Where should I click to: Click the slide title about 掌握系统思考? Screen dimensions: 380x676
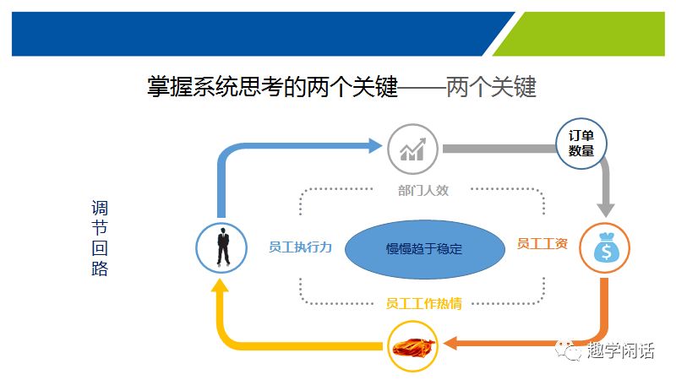[x=341, y=88]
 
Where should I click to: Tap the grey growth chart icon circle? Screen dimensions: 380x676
[x=412, y=149]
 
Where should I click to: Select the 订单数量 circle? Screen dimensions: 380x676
[x=581, y=143]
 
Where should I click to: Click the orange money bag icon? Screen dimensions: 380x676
[x=604, y=247]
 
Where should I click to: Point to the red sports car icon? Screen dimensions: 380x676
[x=412, y=345]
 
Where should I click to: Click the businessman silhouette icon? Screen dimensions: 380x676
[x=221, y=247]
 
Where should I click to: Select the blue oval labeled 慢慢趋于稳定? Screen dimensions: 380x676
[x=424, y=249]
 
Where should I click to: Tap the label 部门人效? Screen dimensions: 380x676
[x=422, y=191]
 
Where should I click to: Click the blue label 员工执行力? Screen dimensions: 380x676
[x=300, y=247]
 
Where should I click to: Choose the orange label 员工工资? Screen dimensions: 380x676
[x=542, y=244]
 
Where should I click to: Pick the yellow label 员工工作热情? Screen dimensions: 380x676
[x=422, y=302]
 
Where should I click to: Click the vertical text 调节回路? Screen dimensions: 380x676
[x=100, y=239]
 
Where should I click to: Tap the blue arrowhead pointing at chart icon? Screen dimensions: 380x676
[x=373, y=146]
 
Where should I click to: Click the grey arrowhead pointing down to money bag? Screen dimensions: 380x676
[x=606, y=207]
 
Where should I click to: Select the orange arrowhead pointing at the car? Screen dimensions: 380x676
[x=450, y=344]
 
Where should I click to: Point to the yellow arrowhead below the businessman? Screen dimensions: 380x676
[x=220, y=285]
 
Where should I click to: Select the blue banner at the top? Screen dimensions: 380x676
[x=253, y=34]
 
